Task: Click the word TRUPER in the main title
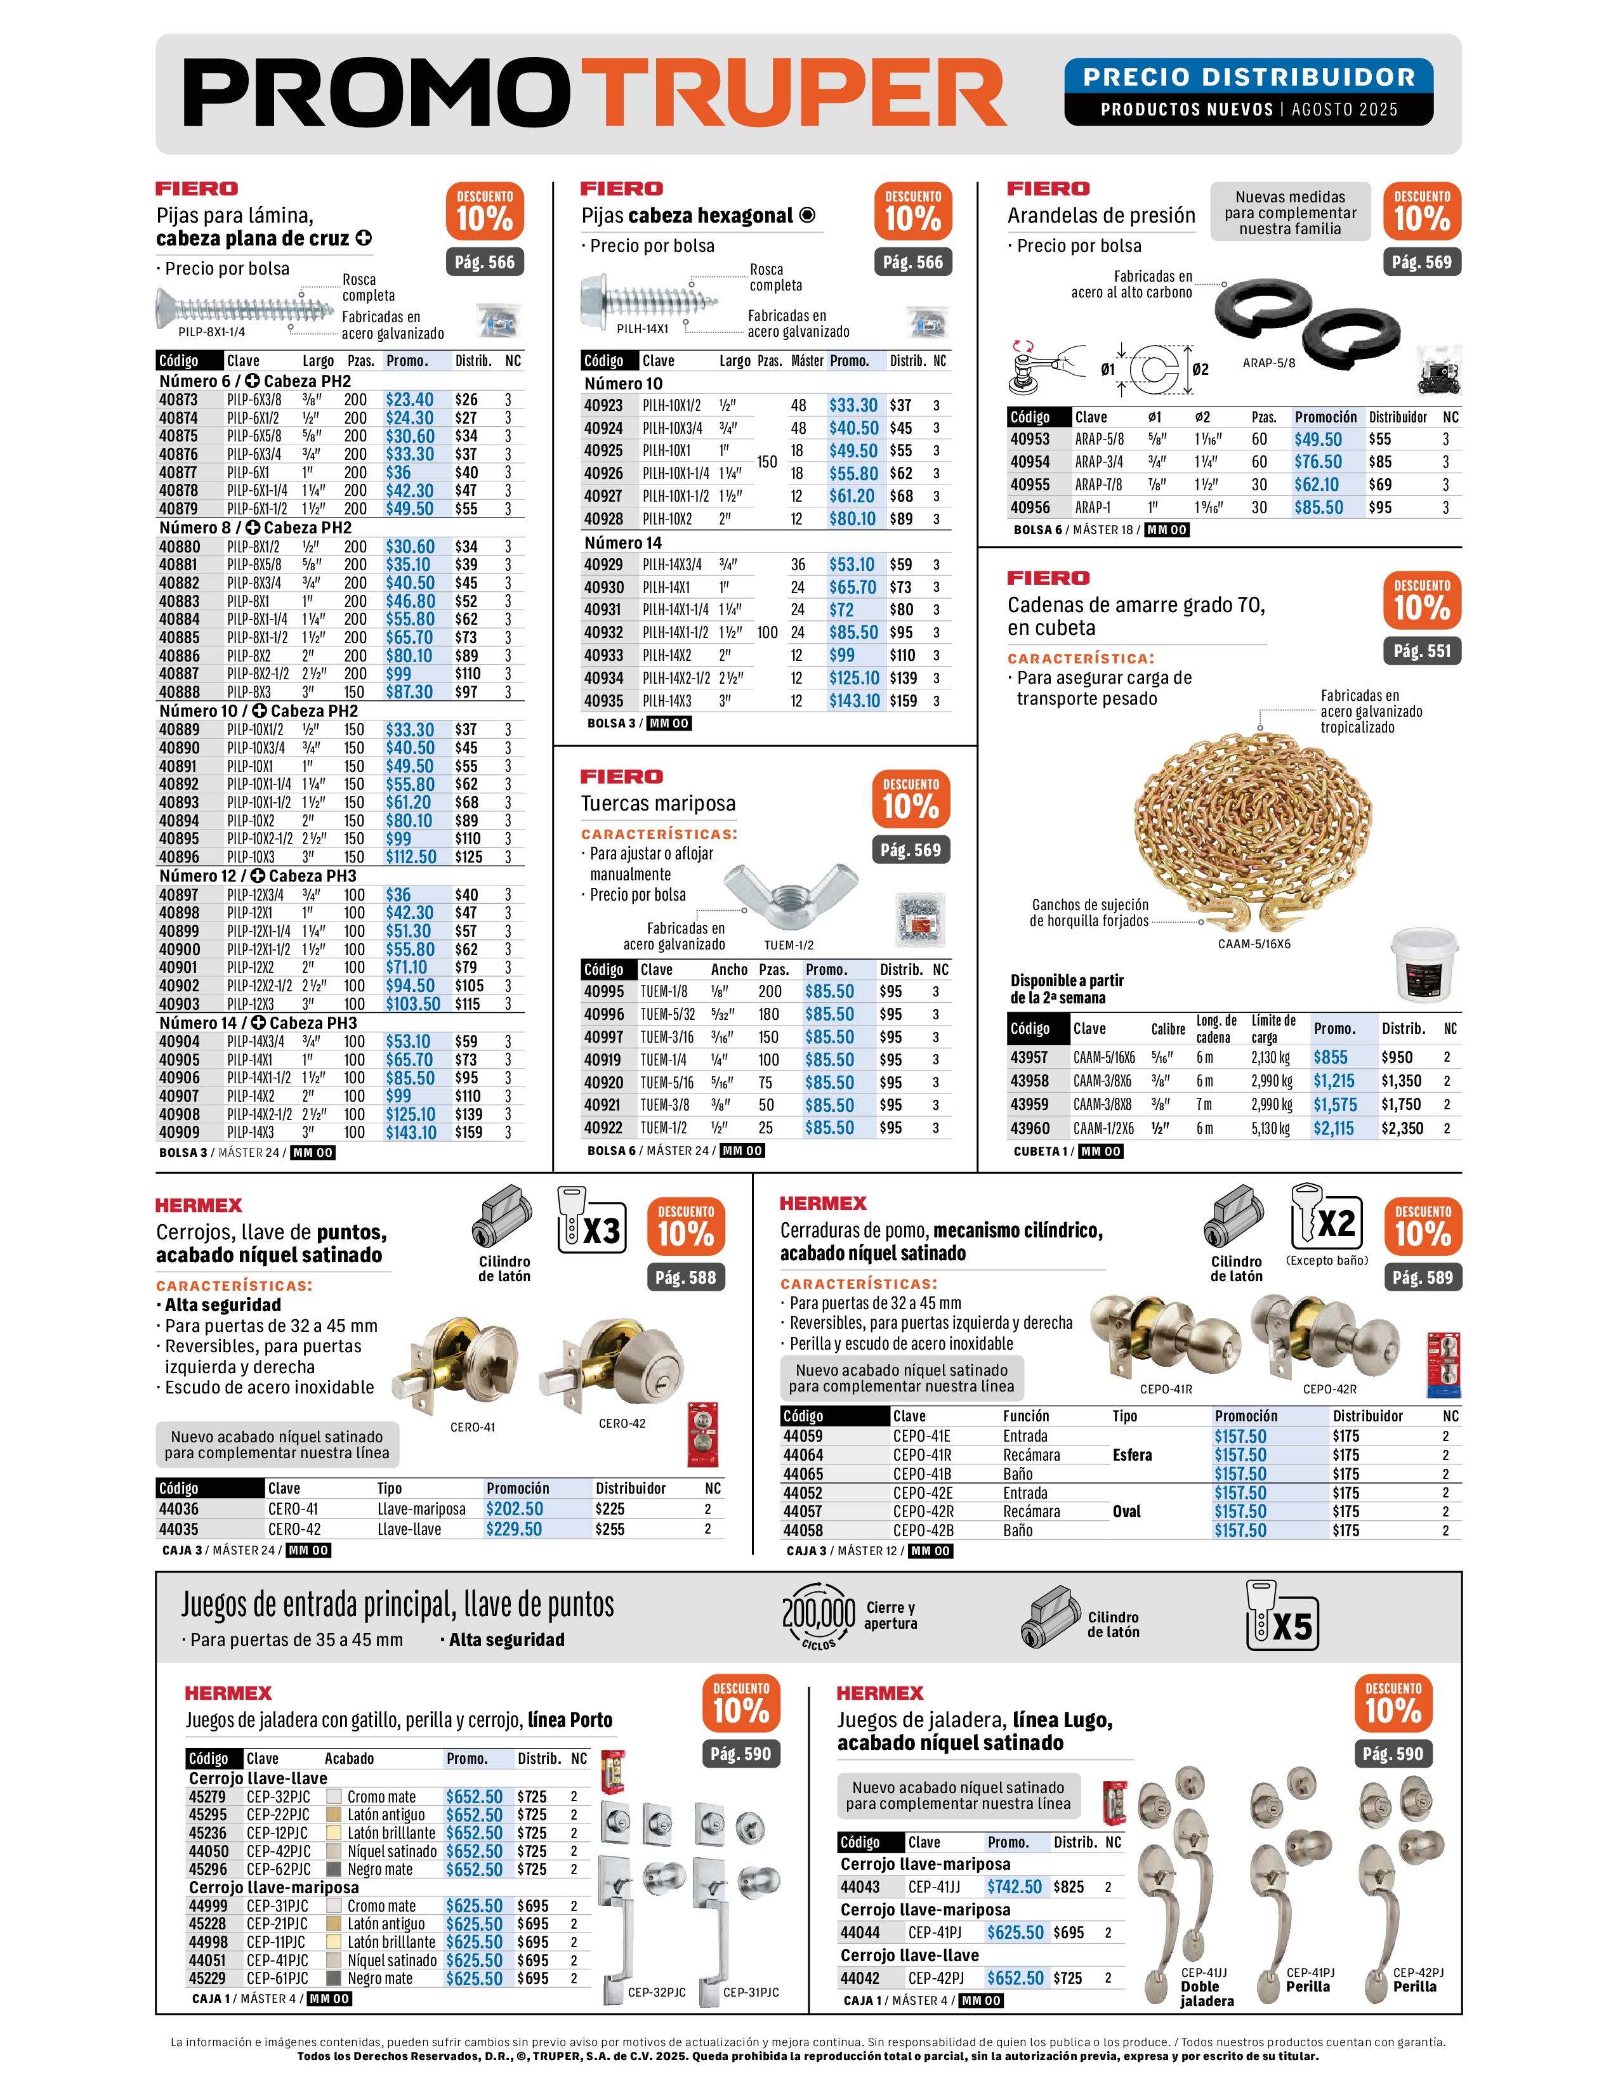click(794, 93)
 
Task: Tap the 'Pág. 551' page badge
click(1421, 651)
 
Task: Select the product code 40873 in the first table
click(178, 400)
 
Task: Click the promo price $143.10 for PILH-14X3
click(854, 701)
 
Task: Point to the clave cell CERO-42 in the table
click(294, 1530)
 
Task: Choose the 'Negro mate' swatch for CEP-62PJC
click(334, 1870)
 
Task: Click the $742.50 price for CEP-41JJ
click(1014, 1887)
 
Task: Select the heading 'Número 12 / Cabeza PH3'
click(257, 876)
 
